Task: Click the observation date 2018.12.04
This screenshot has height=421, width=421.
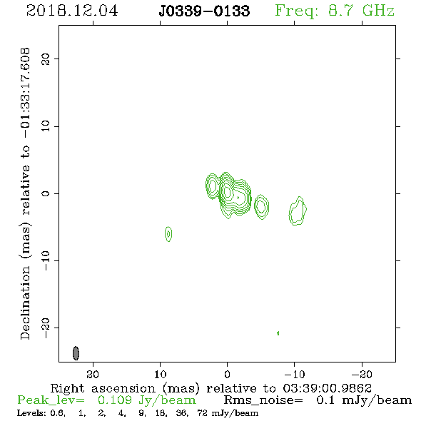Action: (x=72, y=11)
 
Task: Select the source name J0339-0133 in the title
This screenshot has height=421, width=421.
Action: (x=204, y=11)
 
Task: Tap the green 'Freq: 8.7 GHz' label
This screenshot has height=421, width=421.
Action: (x=335, y=11)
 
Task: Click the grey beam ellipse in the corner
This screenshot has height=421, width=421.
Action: (x=76, y=353)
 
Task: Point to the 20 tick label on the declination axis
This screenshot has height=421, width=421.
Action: (x=46, y=59)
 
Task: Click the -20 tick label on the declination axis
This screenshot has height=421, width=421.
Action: (x=46, y=328)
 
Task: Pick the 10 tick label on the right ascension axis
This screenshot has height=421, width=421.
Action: (x=161, y=374)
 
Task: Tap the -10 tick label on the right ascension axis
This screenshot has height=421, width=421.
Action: (x=295, y=374)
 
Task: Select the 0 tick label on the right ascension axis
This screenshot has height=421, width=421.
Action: (x=228, y=374)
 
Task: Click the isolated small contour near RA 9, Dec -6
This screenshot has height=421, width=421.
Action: (x=168, y=234)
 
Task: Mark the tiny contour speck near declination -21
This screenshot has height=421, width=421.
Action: (x=278, y=333)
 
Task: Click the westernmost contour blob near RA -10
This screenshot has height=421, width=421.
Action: (x=298, y=210)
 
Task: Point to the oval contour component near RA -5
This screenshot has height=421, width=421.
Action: (x=261, y=206)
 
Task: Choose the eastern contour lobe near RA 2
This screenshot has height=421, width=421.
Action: (x=213, y=186)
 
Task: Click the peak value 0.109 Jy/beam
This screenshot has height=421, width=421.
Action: (x=146, y=400)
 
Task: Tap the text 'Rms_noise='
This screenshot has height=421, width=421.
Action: (x=263, y=400)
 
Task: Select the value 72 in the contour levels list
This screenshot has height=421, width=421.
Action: (x=202, y=413)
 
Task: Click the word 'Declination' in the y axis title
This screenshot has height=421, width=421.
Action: (x=25, y=303)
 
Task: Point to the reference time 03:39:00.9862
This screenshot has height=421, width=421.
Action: (x=327, y=388)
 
